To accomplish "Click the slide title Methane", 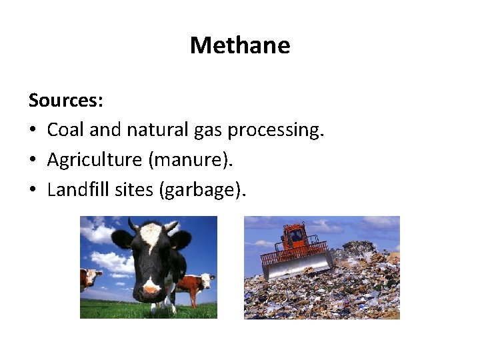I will pos(240,45).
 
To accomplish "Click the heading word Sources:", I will pos(65,101).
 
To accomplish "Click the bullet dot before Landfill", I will pos(33,191).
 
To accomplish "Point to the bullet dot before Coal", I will pos(33,130).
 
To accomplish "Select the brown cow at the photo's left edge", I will pos(89,278).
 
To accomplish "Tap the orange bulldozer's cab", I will pos(296,237).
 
